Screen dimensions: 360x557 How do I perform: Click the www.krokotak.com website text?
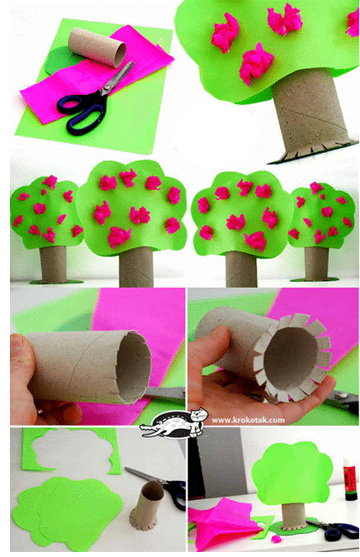click(249, 421)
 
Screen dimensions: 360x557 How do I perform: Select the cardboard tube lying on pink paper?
click(97, 48)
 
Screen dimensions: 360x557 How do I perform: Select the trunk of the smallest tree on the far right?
click(316, 264)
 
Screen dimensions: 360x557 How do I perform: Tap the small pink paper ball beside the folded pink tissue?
click(277, 539)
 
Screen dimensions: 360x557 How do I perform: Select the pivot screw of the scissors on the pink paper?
click(103, 91)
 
